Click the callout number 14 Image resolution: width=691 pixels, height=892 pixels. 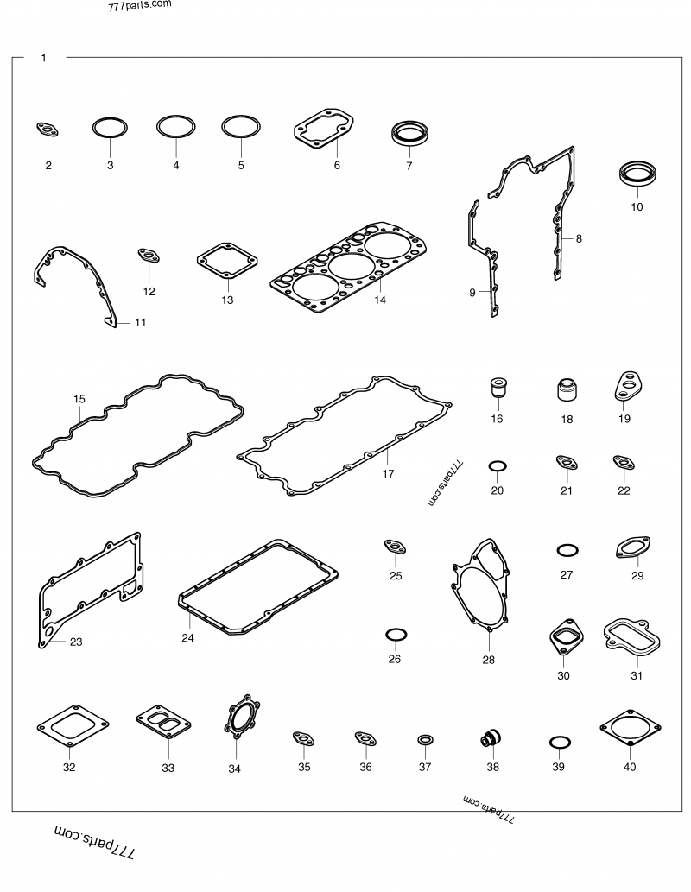[x=380, y=300]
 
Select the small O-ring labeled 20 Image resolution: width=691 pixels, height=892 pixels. [x=497, y=467]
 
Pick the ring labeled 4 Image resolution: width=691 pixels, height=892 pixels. [x=175, y=127]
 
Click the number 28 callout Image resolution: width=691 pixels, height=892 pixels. [x=489, y=661]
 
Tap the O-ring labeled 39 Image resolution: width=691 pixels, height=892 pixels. [x=559, y=742]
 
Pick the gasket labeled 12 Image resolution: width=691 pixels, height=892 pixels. [x=149, y=257]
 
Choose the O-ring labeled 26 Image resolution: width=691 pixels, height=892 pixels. [x=395, y=635]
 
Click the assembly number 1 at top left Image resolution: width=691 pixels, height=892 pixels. [x=43, y=58]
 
